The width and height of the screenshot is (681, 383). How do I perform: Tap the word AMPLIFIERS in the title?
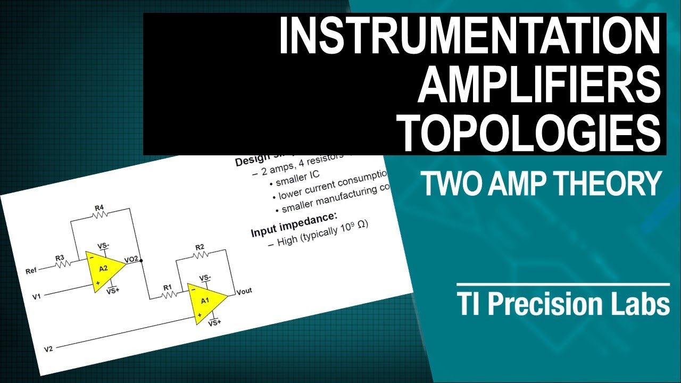[x=537, y=84]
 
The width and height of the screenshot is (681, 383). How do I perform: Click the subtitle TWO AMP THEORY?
[x=541, y=184]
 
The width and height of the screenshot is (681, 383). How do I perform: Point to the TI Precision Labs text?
[x=563, y=305]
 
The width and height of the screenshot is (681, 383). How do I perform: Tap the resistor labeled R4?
[x=99, y=214]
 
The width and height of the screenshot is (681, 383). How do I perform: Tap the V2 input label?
[x=48, y=349]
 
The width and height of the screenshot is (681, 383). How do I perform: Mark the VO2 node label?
[x=131, y=259]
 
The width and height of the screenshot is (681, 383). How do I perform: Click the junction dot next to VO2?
[x=142, y=261]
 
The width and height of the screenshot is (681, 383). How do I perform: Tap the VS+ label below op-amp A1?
[x=214, y=323]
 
